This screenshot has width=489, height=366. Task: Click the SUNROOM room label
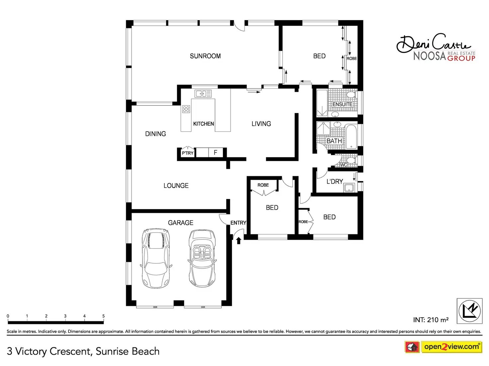[x=205, y=56]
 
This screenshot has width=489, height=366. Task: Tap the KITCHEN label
[x=203, y=124]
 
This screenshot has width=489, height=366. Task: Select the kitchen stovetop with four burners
[x=186, y=109]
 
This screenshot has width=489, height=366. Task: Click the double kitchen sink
[x=203, y=93]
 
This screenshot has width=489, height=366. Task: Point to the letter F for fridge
[x=215, y=152]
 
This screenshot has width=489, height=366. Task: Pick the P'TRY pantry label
[x=188, y=153]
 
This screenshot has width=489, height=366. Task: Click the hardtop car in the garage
[x=156, y=258]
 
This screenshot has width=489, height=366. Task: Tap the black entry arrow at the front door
[x=239, y=240]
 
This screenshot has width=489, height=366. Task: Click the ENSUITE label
[x=342, y=104]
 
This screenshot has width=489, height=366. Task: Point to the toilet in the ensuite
[x=351, y=95]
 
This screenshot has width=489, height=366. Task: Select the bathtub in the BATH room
[x=351, y=137]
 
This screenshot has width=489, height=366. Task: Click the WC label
[x=343, y=165]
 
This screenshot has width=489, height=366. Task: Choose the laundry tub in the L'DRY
[x=349, y=188]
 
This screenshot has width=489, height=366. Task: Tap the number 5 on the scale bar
[x=103, y=316]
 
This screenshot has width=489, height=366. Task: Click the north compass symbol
[x=469, y=311]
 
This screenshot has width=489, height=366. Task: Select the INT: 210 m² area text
[x=431, y=320]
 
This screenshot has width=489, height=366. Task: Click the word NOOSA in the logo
[x=430, y=56]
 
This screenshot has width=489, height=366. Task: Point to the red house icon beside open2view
[x=412, y=347]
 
